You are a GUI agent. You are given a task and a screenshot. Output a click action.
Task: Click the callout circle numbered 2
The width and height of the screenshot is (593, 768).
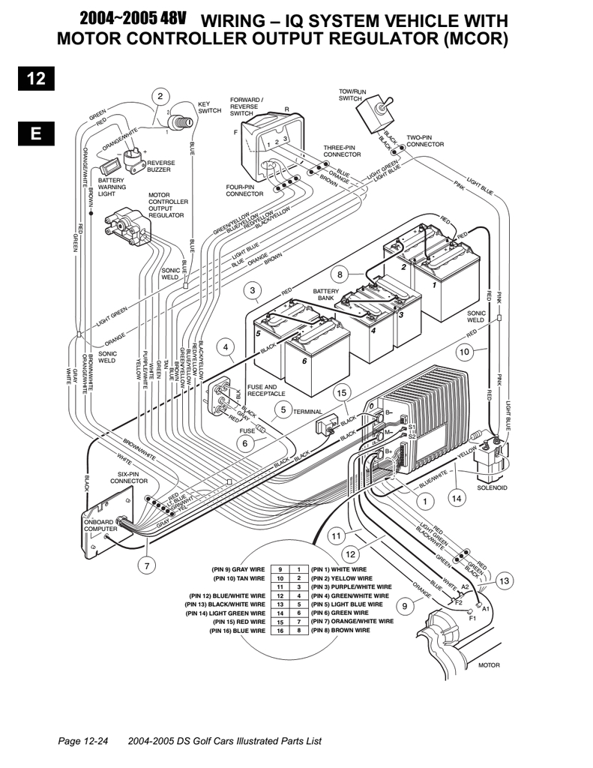(x=159, y=96)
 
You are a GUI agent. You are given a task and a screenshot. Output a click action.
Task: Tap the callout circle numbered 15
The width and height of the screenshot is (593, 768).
(x=342, y=391)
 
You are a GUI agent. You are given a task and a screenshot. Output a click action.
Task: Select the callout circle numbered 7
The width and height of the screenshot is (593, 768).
(x=147, y=565)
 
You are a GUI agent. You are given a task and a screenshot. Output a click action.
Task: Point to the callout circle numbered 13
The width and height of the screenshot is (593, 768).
(x=504, y=580)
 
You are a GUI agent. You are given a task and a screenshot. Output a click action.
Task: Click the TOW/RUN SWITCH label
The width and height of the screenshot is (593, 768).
(x=352, y=94)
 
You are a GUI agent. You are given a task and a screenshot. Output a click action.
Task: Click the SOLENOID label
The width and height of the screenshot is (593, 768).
(x=492, y=487)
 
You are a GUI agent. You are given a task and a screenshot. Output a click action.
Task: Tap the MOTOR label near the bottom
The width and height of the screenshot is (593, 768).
(x=488, y=664)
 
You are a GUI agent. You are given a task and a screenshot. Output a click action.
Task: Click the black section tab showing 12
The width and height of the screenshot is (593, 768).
(x=36, y=77)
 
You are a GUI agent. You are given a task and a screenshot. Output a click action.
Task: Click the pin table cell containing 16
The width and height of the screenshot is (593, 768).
(x=280, y=631)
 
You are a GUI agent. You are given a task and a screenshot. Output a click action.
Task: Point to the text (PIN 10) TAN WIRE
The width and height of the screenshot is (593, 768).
(x=239, y=578)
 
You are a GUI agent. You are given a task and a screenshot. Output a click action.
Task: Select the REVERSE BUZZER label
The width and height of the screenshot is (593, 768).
(x=161, y=166)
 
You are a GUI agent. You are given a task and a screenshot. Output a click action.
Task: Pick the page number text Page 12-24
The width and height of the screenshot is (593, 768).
(x=84, y=740)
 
